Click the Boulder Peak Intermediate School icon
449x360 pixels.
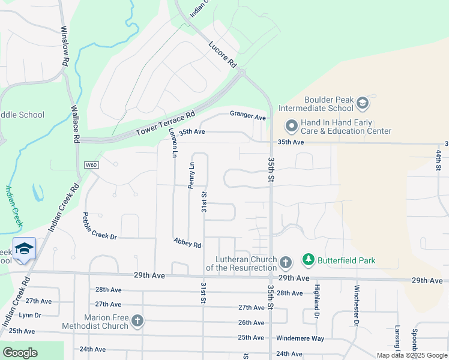363,104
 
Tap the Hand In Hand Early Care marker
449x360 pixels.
292,127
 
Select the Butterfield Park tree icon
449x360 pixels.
308,260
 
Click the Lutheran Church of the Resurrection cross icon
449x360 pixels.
286,262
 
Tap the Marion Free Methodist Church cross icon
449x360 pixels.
137,321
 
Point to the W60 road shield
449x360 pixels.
91,165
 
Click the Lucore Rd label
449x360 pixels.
222,54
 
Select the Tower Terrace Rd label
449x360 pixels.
166,124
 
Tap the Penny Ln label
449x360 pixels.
191,175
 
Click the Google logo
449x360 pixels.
20,353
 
